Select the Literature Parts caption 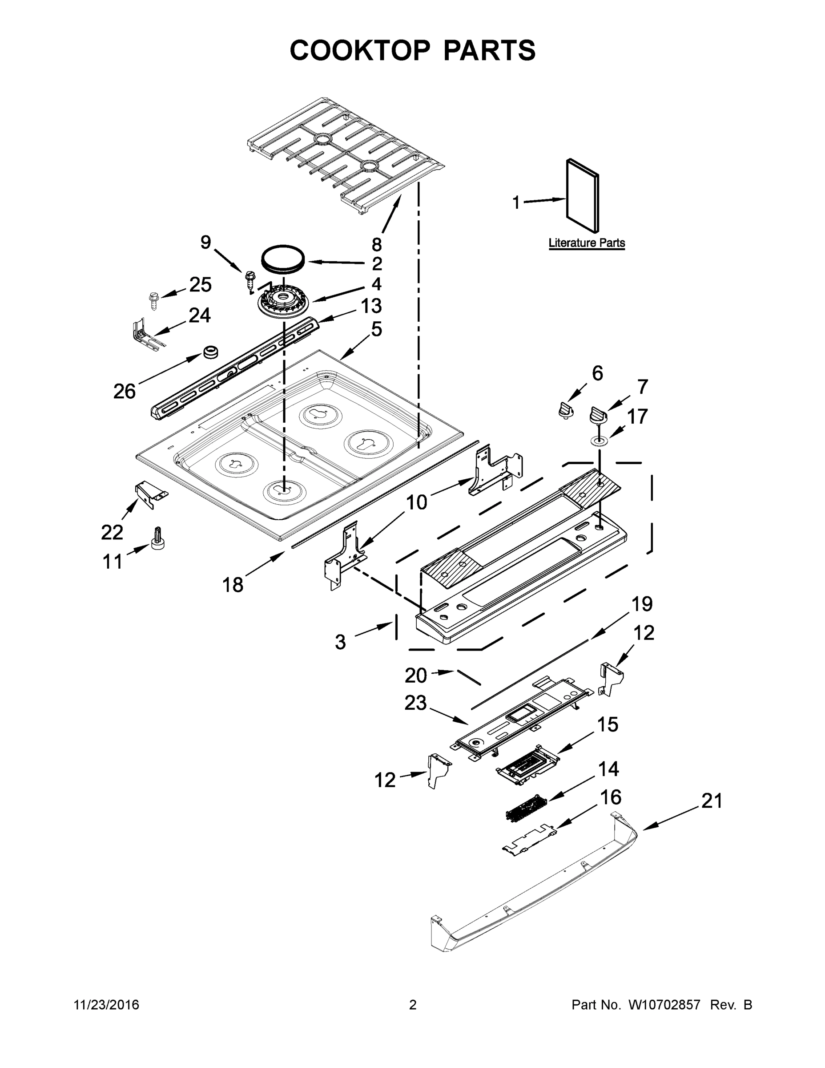587,243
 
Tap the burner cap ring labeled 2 282,258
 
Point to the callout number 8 376,244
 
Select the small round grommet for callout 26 210,352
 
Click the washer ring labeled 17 599,441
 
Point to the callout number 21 711,801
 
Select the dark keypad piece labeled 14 524,810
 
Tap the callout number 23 415,703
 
